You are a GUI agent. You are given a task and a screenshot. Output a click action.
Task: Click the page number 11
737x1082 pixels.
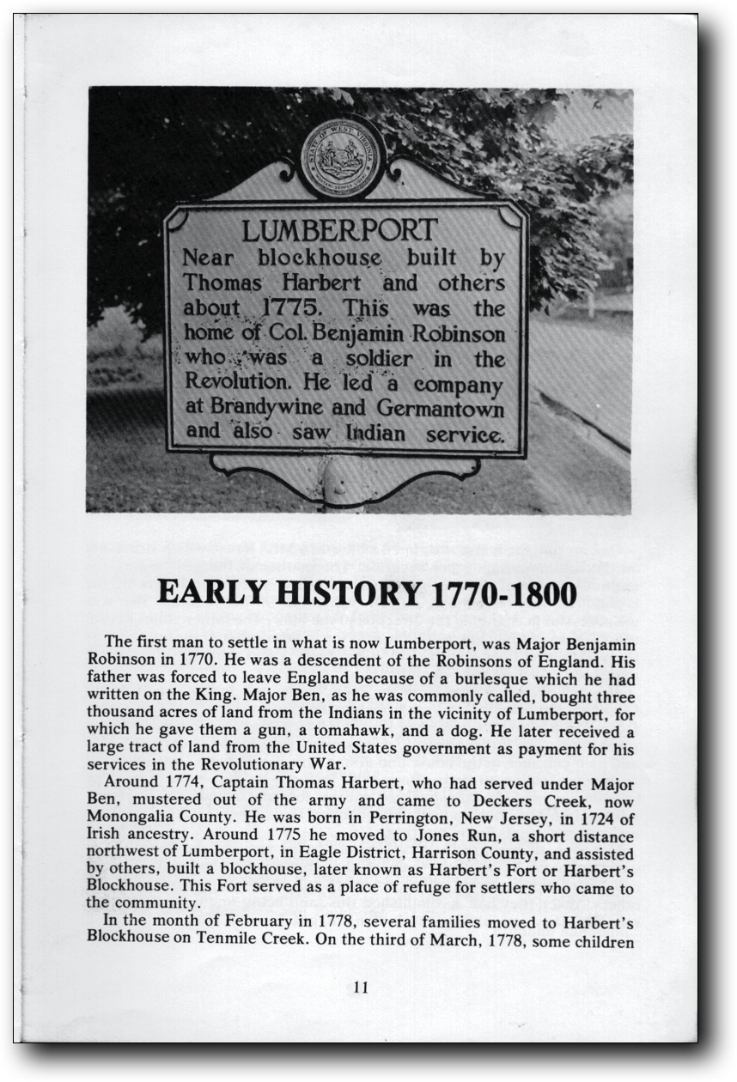coord(361,988)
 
